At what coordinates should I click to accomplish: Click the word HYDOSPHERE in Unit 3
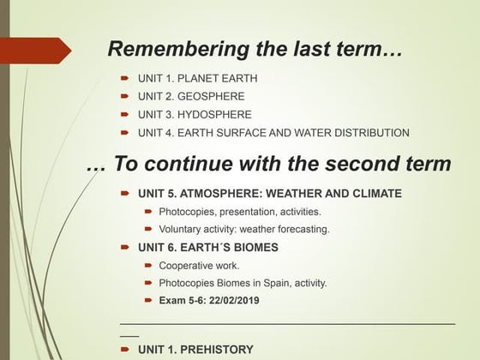[x=215, y=114]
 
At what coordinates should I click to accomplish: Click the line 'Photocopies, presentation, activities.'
[x=240, y=212]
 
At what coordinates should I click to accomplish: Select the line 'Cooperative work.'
[x=198, y=266]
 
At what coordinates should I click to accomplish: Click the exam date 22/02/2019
[x=230, y=301]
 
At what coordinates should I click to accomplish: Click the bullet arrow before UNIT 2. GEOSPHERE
[x=124, y=96]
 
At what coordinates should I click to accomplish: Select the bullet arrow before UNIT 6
[x=124, y=247]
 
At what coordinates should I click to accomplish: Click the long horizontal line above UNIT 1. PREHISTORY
[x=287, y=323]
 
